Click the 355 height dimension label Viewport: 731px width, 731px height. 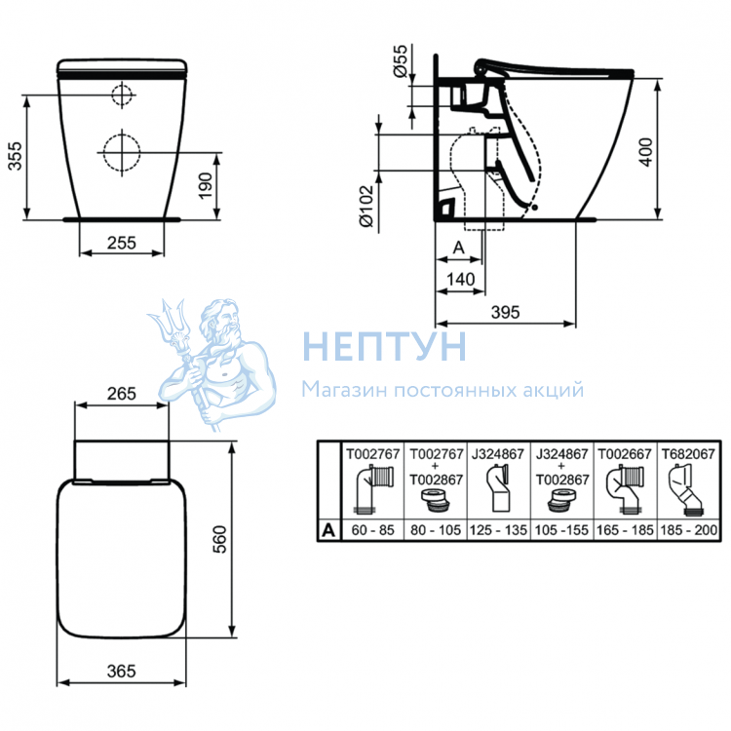pos(15,156)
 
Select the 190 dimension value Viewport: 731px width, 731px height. pos(205,185)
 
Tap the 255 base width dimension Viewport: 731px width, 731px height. pos(121,243)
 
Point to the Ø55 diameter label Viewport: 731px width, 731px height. pos(400,61)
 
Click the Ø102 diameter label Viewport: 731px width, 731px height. pos(366,207)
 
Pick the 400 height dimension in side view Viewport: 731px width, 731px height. pos(645,152)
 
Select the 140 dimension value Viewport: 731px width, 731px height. pos(461,280)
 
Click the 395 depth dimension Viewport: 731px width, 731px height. pos(505,312)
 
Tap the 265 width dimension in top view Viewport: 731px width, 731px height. pos(121,394)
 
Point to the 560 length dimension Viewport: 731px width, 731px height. pos(219,539)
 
